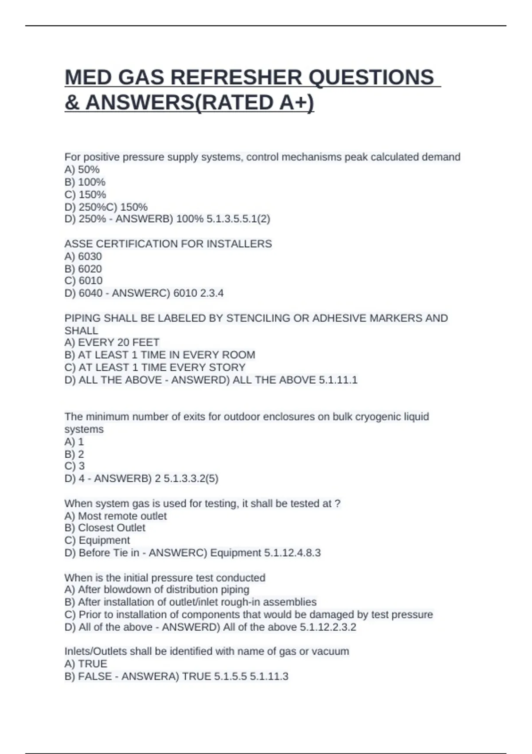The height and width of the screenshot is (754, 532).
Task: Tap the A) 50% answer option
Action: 82,169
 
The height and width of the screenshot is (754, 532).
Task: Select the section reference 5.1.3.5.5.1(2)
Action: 238,219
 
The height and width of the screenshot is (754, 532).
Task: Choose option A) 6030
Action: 83,256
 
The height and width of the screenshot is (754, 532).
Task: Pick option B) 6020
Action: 83,269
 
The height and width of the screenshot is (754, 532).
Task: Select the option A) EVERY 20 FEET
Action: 112,342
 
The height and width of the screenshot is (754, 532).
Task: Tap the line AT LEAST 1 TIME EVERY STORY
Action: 155,367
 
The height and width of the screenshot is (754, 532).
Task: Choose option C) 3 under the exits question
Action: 74,466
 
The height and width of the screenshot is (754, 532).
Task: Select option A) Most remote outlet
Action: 115,516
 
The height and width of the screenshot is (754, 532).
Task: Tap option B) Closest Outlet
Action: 105,528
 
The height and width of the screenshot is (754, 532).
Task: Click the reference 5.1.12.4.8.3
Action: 292,553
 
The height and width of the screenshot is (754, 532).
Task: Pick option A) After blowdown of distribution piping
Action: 156,589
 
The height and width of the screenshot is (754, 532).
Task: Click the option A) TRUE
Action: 86,664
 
